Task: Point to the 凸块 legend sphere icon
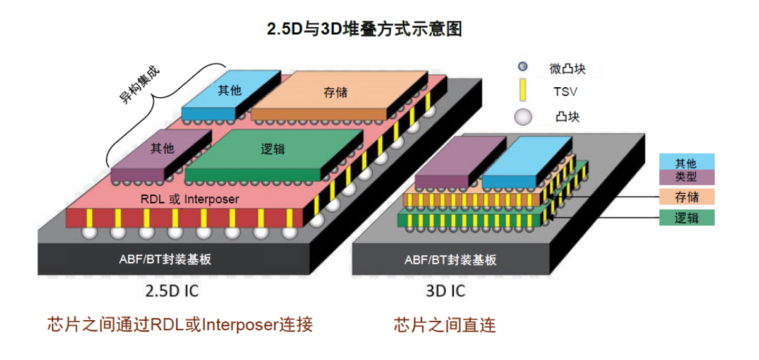(523, 117)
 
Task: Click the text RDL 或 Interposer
(190, 199)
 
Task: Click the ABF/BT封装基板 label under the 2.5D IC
(165, 260)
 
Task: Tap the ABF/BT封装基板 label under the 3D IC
(450, 260)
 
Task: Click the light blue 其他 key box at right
(686, 162)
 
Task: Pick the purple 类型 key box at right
(686, 176)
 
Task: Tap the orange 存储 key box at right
(686, 196)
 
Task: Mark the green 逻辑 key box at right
(686, 218)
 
